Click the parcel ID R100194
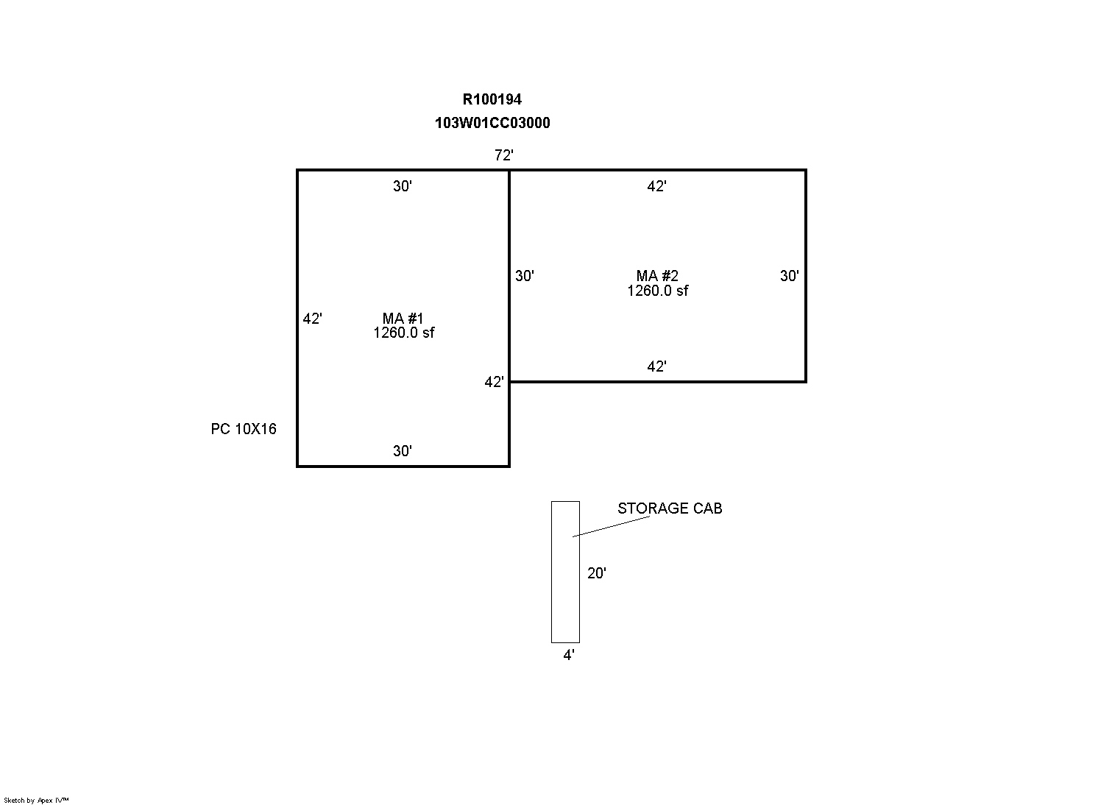point(492,99)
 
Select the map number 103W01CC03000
point(492,123)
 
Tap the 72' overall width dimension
point(504,155)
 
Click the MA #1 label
point(403,318)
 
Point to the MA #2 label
point(657,275)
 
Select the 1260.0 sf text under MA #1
point(403,333)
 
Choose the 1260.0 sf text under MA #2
point(657,291)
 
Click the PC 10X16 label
point(244,429)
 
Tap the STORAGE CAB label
point(670,508)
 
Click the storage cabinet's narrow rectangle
point(551,572)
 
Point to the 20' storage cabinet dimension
point(597,573)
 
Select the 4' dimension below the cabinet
point(569,655)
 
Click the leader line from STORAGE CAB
point(612,527)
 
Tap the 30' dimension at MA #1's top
point(403,186)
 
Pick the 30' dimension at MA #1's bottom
point(403,451)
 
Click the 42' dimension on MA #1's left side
point(312,319)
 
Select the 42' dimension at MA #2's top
point(656,186)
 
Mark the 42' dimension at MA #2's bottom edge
point(656,366)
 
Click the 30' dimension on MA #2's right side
point(789,276)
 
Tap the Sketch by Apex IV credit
point(36,800)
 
